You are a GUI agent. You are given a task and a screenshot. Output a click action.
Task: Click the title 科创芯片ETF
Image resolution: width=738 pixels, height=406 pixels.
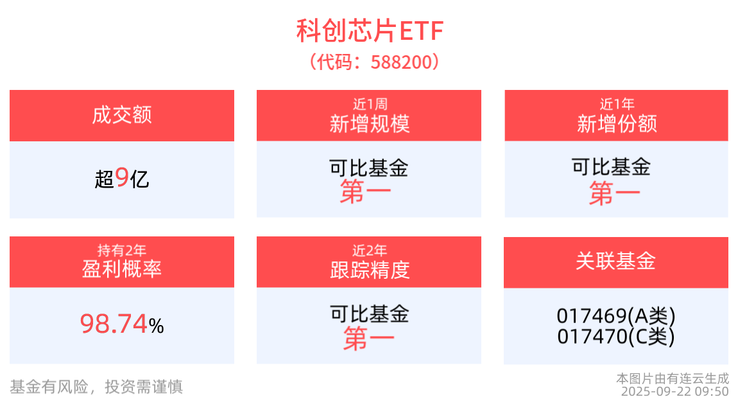click(369, 31)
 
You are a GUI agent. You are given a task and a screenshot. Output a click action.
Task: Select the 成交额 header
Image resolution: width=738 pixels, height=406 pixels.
click(121, 116)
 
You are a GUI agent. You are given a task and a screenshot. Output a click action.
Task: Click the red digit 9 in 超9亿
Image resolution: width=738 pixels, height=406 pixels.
click(122, 178)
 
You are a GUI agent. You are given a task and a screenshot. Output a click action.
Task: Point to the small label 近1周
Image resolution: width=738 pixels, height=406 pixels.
click(369, 103)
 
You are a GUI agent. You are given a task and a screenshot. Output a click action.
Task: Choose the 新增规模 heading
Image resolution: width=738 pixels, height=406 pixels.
click(369, 123)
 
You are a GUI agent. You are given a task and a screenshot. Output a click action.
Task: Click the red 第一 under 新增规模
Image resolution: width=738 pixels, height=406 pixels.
click(365, 193)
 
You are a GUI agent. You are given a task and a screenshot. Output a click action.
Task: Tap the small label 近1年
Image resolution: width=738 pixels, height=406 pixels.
click(616, 103)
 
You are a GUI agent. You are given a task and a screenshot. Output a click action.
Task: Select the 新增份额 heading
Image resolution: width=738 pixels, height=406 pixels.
click(616, 123)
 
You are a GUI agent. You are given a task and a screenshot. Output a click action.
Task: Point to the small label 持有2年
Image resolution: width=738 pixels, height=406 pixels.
click(121, 250)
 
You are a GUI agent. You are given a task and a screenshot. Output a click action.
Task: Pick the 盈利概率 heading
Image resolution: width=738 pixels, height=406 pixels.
click(121, 269)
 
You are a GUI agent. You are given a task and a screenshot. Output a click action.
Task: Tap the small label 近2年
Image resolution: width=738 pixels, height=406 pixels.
click(369, 250)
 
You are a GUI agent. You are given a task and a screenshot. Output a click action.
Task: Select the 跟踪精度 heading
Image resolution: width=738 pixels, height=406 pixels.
click(369, 270)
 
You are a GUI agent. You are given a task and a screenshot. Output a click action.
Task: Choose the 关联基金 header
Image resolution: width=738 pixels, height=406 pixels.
click(615, 261)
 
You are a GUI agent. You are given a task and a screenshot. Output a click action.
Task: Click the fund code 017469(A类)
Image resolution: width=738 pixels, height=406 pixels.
click(615, 316)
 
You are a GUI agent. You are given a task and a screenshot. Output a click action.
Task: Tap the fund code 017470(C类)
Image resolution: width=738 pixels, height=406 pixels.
click(615, 336)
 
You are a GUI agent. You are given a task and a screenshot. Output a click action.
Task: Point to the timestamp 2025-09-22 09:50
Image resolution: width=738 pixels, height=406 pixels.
click(674, 391)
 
